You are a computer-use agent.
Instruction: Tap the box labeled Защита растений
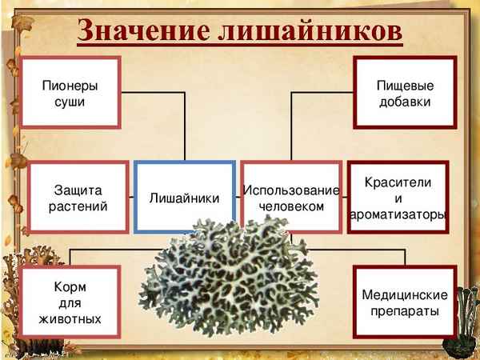[79, 197]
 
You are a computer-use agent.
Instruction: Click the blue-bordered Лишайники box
[185, 198]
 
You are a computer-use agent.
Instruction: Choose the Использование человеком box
[290, 198]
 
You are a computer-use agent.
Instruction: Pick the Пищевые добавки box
[404, 93]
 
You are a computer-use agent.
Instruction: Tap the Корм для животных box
[70, 302]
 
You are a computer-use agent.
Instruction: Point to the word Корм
[70, 286]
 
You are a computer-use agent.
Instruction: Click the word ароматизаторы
[398, 214]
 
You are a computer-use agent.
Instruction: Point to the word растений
[79, 206]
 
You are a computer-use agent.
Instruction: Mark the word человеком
[291, 206]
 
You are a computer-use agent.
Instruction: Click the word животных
[70, 318]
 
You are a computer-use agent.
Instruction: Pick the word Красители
[398, 182]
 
